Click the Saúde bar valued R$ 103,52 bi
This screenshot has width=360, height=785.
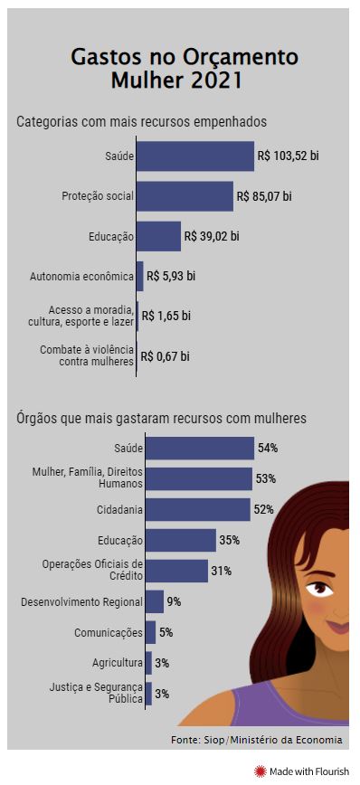coord(195,156)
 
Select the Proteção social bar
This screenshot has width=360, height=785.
coord(185,196)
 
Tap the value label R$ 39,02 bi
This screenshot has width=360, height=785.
coord(212,236)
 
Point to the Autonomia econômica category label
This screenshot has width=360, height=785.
coord(81,276)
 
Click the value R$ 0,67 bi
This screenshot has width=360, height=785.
coord(166,356)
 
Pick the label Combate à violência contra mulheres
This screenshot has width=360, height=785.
coord(87,355)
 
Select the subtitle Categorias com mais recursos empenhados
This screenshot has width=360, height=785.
coord(141,121)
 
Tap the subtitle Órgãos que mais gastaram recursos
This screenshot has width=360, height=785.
coord(161,419)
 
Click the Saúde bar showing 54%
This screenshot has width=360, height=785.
coord(200,448)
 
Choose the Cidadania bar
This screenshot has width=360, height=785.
coord(197,509)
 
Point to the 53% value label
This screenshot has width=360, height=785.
coord(265,478)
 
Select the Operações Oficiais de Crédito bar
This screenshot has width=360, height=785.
coord(176,571)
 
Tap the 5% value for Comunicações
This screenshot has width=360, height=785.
coord(166,632)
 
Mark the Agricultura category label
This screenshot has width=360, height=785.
coord(118,663)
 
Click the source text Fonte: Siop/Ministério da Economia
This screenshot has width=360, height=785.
coord(256,740)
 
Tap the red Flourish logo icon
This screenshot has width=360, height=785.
coord(261,771)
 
